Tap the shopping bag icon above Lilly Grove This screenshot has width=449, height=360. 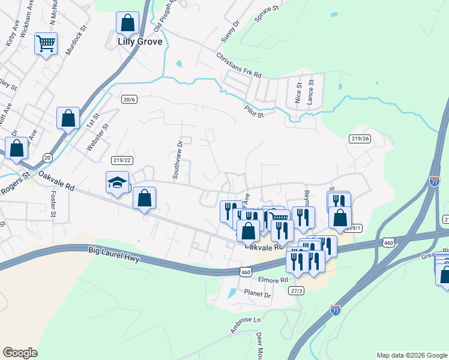(x=128, y=23)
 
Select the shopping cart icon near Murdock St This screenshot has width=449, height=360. (x=46, y=44)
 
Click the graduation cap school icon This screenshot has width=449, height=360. (x=117, y=182)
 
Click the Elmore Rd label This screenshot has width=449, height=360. (x=275, y=280)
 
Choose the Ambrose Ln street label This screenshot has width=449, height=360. (x=246, y=326)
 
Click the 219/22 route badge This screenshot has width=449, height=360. (x=121, y=160)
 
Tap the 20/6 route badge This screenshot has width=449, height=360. (x=129, y=99)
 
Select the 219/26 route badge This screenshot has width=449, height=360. (x=359, y=139)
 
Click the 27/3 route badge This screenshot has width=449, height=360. (x=296, y=291)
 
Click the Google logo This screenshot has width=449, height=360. (x=20, y=353)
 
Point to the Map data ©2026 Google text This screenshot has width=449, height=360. (x=411, y=355)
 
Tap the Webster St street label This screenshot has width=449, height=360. (x=98, y=137)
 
